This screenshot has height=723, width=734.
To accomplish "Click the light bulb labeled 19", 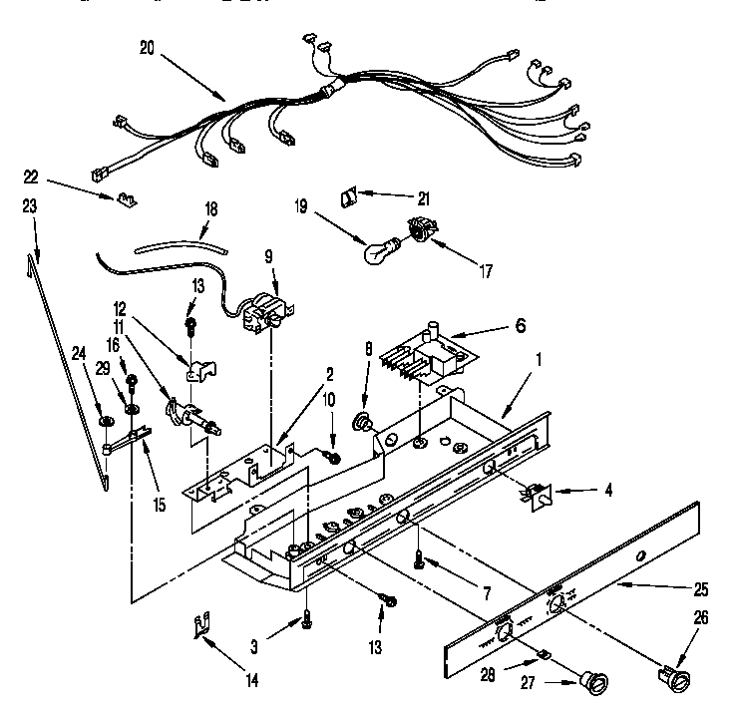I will (377, 251).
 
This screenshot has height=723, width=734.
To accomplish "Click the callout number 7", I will (486, 594).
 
